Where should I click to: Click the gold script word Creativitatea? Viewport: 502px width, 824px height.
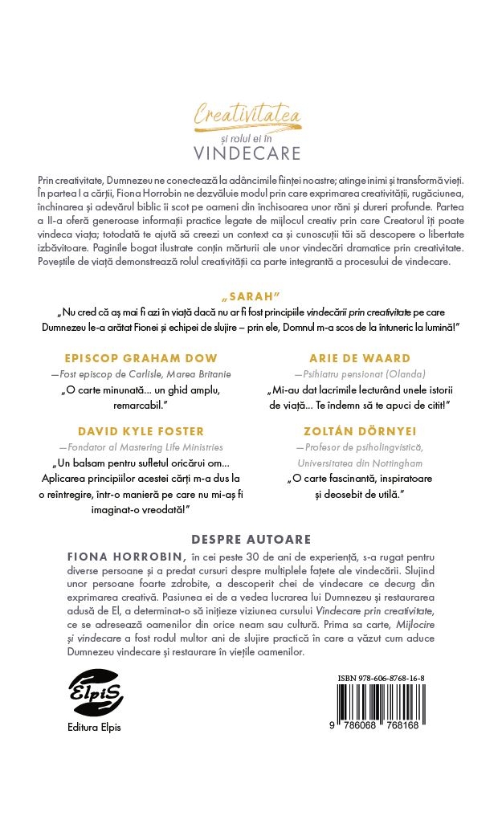pos(247,117)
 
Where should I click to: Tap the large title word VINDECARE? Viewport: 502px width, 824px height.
pos(247,153)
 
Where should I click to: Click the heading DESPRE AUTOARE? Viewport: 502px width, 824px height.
pos(251,539)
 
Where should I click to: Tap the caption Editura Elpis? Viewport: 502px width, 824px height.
pos(94,728)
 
